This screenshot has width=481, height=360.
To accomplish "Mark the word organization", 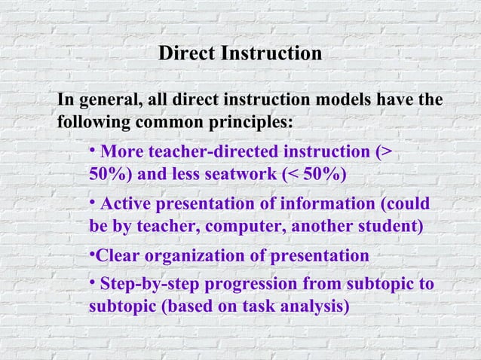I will coord(195,256).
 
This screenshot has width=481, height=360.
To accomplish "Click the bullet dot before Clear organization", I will coord(91,255).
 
